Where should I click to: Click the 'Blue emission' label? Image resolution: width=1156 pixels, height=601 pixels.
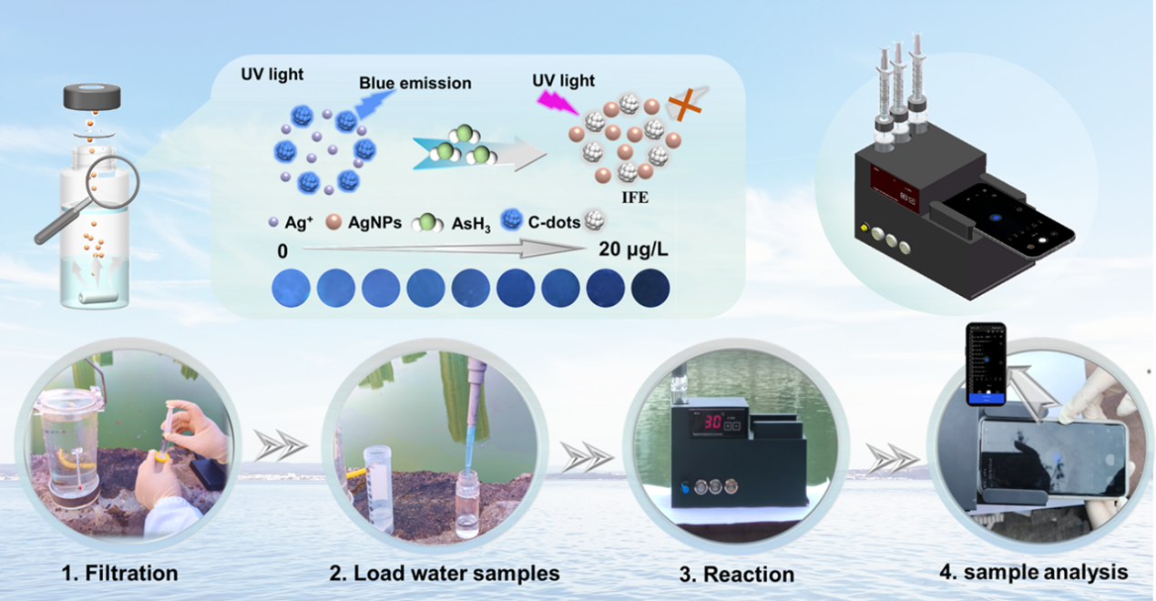click(x=414, y=83)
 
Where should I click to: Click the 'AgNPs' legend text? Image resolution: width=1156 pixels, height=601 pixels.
click(x=373, y=223)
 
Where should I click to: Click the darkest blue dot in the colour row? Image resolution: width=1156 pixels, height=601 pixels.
click(x=650, y=289)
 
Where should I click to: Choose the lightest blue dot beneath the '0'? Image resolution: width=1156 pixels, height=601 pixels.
click(x=291, y=289)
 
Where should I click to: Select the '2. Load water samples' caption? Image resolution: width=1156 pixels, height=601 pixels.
click(x=444, y=574)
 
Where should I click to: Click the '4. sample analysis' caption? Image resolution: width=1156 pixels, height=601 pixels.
click(x=1033, y=572)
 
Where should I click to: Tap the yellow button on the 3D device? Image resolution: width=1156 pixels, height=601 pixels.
click(x=861, y=228)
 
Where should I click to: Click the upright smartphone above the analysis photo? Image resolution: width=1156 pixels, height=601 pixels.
click(x=986, y=365)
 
